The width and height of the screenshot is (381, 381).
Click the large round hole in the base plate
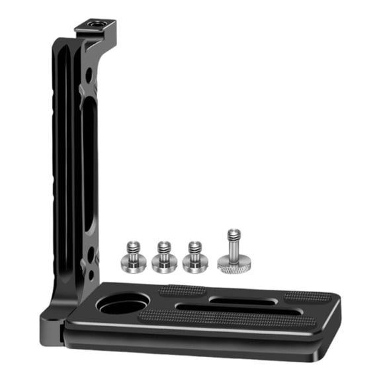(121, 306)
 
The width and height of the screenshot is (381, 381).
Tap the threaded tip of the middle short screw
(162, 245)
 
